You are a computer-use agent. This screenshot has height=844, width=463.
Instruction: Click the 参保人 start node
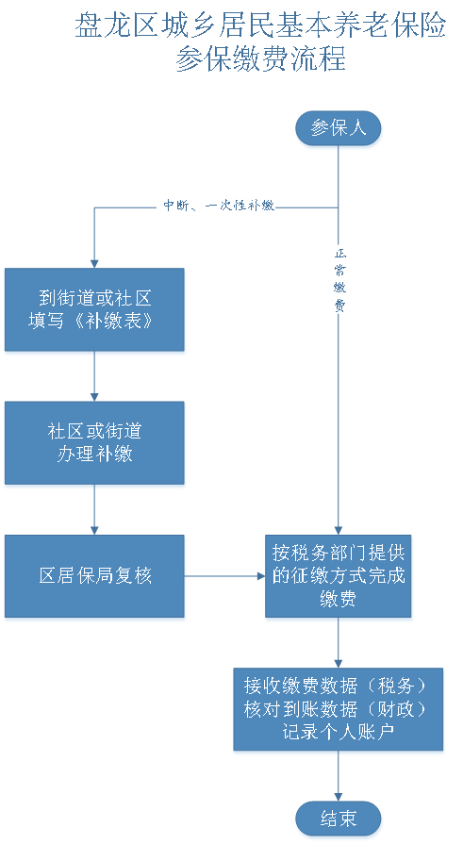pos(339,128)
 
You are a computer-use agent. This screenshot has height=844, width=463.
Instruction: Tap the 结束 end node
pos(339,818)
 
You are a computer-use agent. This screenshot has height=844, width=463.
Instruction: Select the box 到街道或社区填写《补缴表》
pos(94,310)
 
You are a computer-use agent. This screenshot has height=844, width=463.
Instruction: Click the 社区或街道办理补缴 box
pos(94,443)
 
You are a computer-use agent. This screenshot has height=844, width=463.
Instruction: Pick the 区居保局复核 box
pos(94,576)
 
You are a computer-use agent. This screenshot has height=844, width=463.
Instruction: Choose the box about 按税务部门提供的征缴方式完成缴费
pos(339,576)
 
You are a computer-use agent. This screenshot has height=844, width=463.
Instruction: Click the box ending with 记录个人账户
pos(339,709)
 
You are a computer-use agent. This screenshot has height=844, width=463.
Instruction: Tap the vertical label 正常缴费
pos(339,279)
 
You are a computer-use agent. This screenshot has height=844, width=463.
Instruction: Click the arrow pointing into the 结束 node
pos(339,778)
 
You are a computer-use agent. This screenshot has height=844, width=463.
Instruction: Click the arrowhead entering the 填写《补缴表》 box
pos(94,260)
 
